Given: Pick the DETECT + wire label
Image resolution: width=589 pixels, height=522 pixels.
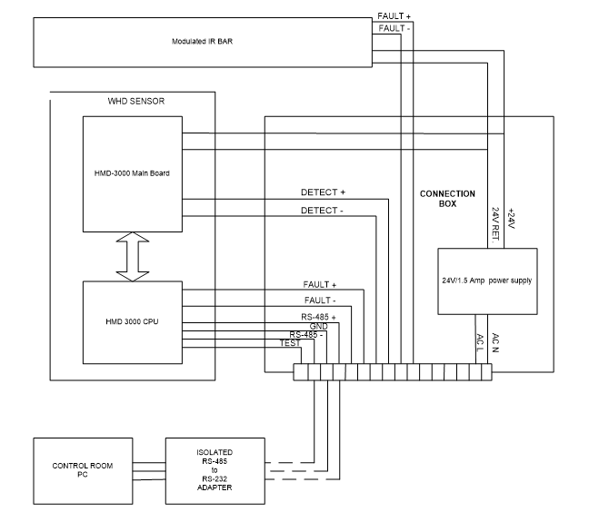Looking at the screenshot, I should (324, 193).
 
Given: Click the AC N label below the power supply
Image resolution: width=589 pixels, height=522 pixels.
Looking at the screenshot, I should (495, 341).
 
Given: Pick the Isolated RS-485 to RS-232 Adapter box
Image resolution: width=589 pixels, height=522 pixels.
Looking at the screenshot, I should (215, 469).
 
